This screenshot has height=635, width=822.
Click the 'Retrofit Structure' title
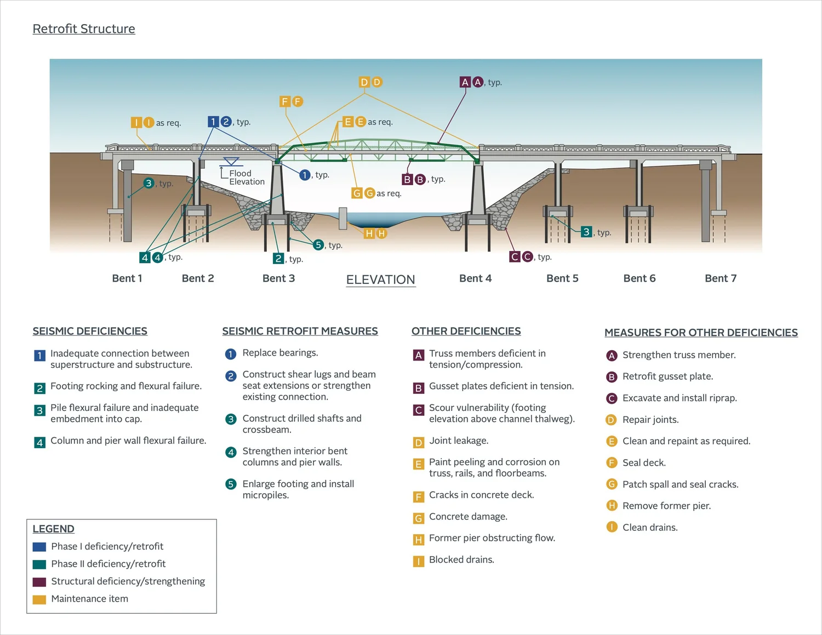point(84,29)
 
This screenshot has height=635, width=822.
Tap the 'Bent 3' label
point(278,278)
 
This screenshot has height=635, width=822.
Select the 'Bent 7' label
point(720,278)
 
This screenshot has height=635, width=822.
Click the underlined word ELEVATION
point(380,280)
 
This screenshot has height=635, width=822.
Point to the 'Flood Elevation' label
point(247,178)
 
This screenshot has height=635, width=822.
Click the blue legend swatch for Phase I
point(39,547)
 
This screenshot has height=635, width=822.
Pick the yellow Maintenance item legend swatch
point(39,599)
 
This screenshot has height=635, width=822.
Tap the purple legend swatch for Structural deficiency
point(39,582)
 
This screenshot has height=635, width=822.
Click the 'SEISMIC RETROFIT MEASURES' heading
point(300,331)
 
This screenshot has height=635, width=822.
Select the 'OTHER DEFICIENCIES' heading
point(466,331)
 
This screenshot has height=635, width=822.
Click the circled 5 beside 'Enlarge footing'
point(231,484)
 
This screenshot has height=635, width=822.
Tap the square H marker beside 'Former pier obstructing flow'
point(419,540)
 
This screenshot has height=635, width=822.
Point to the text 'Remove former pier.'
point(666,506)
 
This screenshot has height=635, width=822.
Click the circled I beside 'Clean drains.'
point(612,527)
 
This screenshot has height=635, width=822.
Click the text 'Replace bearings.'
point(280,353)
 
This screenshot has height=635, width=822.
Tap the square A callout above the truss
point(465,82)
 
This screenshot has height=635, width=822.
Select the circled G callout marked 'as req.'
point(369,193)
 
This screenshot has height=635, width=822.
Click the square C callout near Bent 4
point(515,256)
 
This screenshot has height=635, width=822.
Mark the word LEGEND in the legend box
point(53,529)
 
